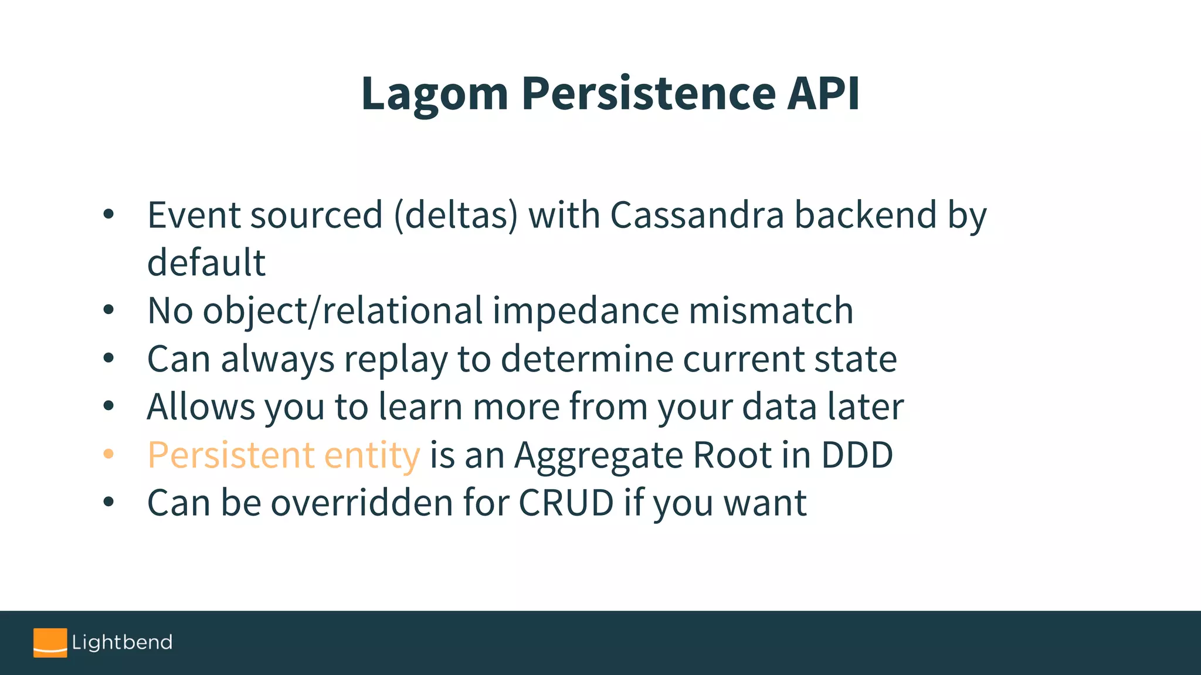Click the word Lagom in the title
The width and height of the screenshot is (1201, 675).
click(x=435, y=94)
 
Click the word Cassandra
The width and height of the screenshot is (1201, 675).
click(x=697, y=214)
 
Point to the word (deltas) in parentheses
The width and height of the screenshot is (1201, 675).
click(x=456, y=215)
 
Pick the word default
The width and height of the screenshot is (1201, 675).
click(x=206, y=262)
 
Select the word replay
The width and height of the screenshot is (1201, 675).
click(x=396, y=359)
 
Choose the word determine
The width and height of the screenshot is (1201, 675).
click(x=587, y=359)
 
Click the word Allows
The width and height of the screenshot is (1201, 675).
click(x=201, y=407)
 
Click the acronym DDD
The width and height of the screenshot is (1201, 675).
click(x=857, y=455)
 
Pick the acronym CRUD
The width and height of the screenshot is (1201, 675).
click(x=566, y=503)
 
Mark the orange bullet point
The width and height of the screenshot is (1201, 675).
click(x=108, y=454)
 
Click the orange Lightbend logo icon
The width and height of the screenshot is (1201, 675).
click(x=50, y=643)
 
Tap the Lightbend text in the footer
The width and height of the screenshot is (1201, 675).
click(x=122, y=643)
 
